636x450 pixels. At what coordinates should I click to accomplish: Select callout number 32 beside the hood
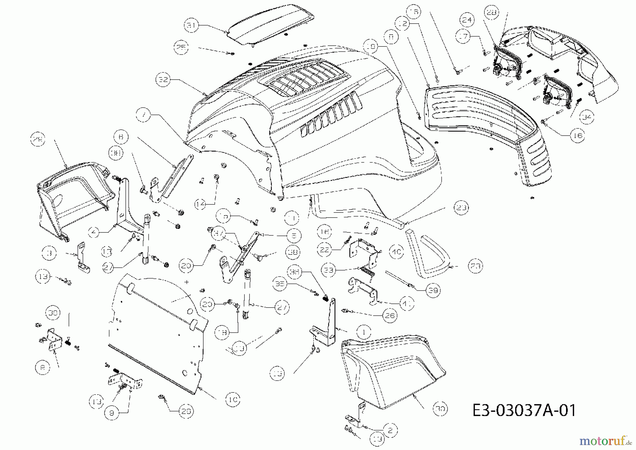coord(163,80)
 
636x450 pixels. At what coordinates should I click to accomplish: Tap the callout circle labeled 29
coord(38,140)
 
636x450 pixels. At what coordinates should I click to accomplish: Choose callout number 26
coord(389,315)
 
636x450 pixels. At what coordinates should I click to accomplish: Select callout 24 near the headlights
coord(467,20)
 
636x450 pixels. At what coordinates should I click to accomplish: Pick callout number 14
coord(201,204)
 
